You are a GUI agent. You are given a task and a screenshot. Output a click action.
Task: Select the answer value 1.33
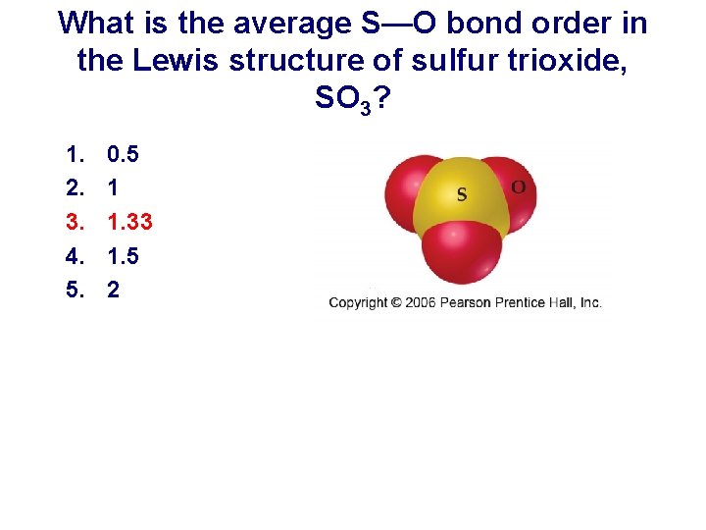pos(129,222)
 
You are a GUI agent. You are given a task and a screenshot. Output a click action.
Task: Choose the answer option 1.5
pos(123,256)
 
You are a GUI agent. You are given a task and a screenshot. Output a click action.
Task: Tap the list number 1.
pos(74,154)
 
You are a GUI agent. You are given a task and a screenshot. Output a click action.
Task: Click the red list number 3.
pos(74,222)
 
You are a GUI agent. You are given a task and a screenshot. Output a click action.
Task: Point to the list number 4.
pos(74,256)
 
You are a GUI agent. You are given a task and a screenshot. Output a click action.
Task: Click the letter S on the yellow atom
pos(461,194)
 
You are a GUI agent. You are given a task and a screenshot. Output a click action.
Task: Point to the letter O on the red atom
pos(518,186)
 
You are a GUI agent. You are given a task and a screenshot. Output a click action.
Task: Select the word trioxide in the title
pos(561,61)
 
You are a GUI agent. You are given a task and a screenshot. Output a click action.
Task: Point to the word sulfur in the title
pos(447,61)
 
